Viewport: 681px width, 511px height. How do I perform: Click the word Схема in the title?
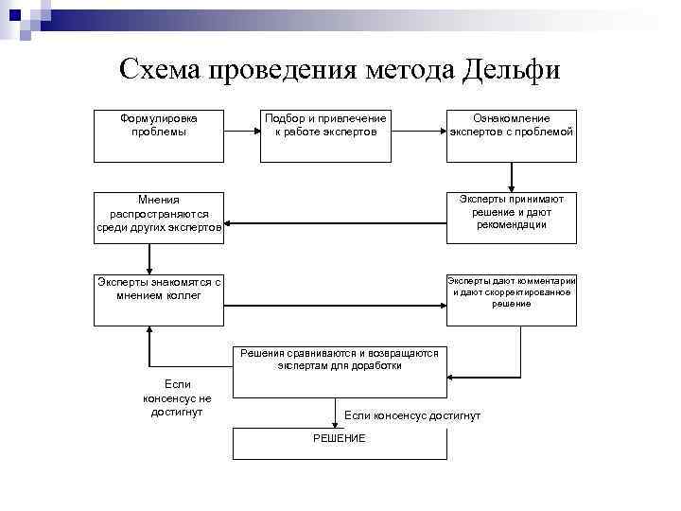pos(160,70)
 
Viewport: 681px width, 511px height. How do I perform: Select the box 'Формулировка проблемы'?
pos(158,135)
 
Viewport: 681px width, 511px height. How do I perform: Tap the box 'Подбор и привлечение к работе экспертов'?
pos(324,135)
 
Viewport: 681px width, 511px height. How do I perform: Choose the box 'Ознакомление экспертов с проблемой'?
pos(511,135)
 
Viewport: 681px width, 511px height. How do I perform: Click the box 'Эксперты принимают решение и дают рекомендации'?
pos(511,218)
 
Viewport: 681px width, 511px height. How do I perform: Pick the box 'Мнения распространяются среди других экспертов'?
pos(158,218)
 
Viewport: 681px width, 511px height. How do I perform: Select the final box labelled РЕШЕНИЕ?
pos(340,444)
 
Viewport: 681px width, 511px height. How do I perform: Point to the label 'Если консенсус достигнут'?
pos(412,415)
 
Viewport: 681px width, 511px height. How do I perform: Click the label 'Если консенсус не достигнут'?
pos(177,397)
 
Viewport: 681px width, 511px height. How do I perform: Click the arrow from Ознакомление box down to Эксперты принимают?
pos(511,177)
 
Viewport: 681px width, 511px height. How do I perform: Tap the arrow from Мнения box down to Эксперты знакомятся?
pos(150,258)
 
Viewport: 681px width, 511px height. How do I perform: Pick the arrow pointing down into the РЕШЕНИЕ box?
pos(336,413)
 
